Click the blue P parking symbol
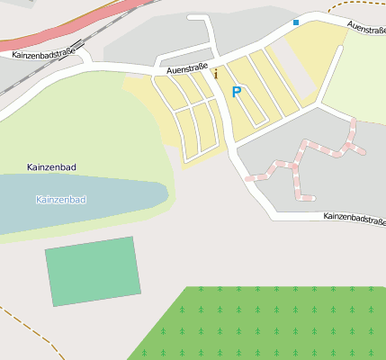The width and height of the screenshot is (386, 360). coord(237,92)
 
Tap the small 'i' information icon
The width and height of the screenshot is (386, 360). coord(216,74)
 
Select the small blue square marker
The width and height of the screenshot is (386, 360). coord(295,22)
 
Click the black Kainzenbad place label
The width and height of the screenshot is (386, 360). coord(51,168)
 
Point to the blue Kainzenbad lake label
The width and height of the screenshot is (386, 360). coord(60,199)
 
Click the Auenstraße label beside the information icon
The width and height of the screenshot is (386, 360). coord(185,67)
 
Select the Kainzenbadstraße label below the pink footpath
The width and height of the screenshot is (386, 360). coord(354,217)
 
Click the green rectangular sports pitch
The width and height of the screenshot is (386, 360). coord(94,271)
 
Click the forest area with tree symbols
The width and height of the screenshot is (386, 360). coord(270,324)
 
